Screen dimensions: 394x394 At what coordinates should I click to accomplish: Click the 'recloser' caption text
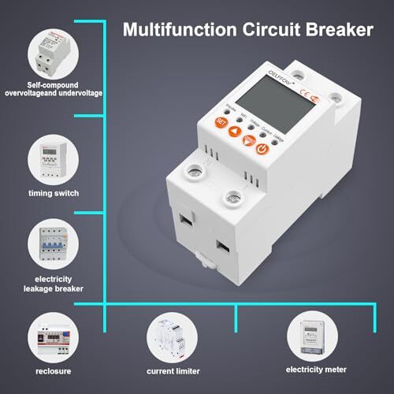click(52, 369)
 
